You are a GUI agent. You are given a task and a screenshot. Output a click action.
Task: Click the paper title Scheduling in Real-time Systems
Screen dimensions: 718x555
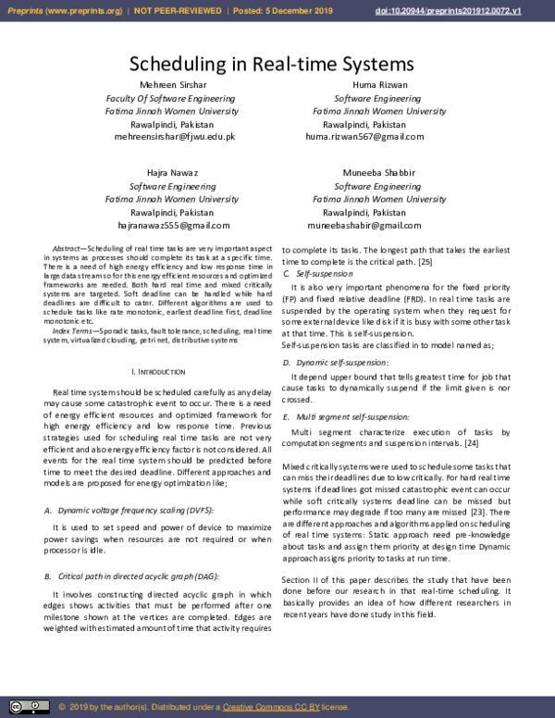pos(271,64)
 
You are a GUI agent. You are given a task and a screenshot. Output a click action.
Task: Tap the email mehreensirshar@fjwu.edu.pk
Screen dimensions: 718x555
pos(174,137)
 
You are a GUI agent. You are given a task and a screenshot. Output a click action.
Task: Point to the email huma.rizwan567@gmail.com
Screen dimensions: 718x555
pos(364,137)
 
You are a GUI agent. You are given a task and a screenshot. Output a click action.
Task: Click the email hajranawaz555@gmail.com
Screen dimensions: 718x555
pos(173,225)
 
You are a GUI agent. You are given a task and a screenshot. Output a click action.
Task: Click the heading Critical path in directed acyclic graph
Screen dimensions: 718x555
pos(140,576)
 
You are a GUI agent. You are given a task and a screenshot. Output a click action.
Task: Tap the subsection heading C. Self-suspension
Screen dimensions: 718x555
pos(317,275)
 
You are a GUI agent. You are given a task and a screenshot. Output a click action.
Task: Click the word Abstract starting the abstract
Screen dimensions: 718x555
pos(67,249)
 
